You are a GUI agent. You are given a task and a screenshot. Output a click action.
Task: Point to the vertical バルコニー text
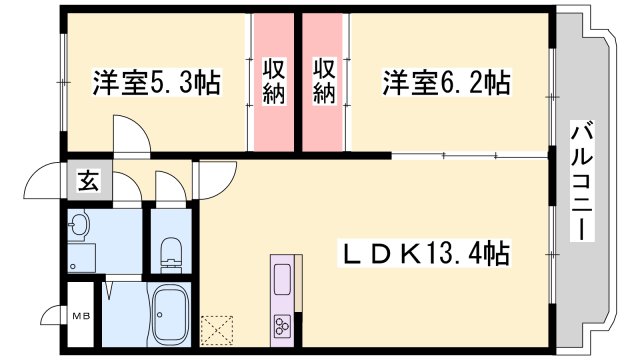point(580,180)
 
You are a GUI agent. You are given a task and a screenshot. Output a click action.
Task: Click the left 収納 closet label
point(275,80)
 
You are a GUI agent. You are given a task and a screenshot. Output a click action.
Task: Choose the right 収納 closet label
point(324,80)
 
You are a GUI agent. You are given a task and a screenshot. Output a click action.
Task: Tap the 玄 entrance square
point(88,182)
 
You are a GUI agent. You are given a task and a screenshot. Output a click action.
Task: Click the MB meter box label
point(78,317)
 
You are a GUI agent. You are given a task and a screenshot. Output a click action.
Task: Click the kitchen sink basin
point(282,278)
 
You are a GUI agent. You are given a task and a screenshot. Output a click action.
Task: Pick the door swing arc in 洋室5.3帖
point(130,135)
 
